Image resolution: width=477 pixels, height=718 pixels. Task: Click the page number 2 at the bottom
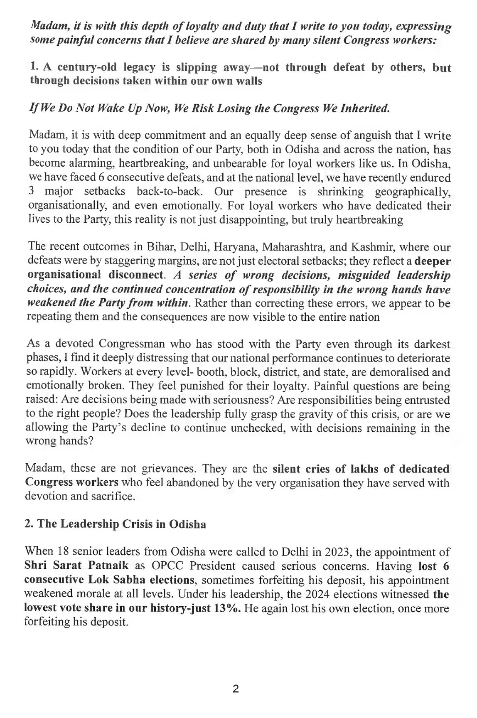[x=236, y=689]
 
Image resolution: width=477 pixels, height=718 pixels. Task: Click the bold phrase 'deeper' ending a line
[x=433, y=261]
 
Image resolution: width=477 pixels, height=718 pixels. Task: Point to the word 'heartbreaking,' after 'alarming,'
[x=133, y=164]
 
